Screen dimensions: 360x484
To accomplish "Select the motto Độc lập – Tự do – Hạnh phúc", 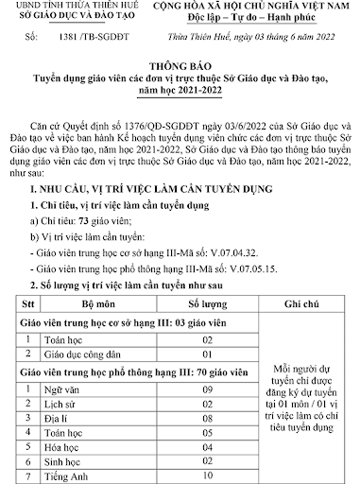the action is (249, 19).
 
